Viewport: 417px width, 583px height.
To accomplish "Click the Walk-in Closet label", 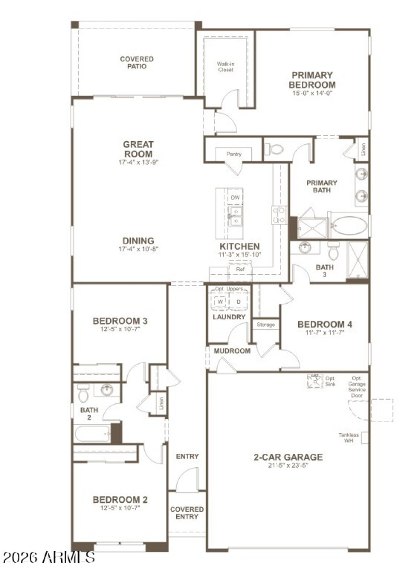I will click(225, 67).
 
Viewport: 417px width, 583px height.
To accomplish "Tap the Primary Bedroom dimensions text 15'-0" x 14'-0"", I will click(312, 93).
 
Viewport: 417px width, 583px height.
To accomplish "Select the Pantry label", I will click(233, 154).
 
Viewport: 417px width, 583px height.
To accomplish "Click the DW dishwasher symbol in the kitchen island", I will click(235, 197).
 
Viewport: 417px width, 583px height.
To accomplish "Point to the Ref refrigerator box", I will click(240, 270).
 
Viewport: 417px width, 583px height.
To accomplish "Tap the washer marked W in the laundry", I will click(220, 302).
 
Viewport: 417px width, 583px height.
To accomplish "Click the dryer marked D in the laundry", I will click(239, 302).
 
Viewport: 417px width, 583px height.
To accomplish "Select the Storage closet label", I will click(265, 325).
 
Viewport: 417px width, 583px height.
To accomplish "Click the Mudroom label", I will click(232, 351).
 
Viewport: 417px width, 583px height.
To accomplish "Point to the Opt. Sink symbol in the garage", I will click(315, 381).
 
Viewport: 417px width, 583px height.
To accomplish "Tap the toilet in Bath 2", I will click(83, 393).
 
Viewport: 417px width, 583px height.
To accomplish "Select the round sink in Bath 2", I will click(107, 390).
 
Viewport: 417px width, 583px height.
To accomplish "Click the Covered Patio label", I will click(137, 63).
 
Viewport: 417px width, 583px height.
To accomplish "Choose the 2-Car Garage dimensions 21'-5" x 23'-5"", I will click(288, 466).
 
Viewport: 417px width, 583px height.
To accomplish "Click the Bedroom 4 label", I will click(324, 324).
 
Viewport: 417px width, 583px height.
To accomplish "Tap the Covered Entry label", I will click(187, 513).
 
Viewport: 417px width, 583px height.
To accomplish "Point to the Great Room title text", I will click(138, 149).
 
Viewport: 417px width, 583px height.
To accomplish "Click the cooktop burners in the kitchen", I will click(279, 215).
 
